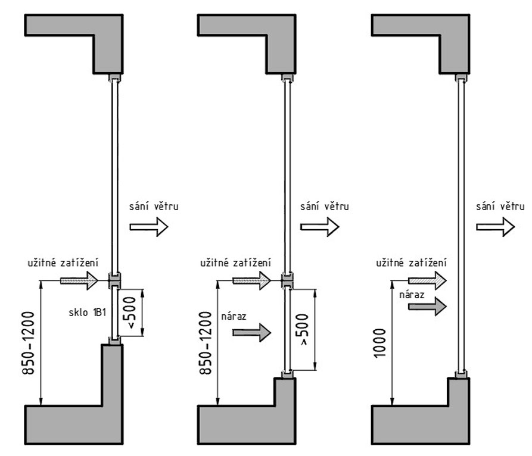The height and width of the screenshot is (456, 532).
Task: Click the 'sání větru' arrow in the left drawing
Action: click(x=149, y=227)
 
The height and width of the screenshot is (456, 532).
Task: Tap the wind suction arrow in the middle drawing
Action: click(x=319, y=227)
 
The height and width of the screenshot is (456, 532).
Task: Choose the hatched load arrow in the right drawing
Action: click(x=427, y=279)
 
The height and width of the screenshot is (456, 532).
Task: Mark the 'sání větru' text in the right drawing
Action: click(x=500, y=206)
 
